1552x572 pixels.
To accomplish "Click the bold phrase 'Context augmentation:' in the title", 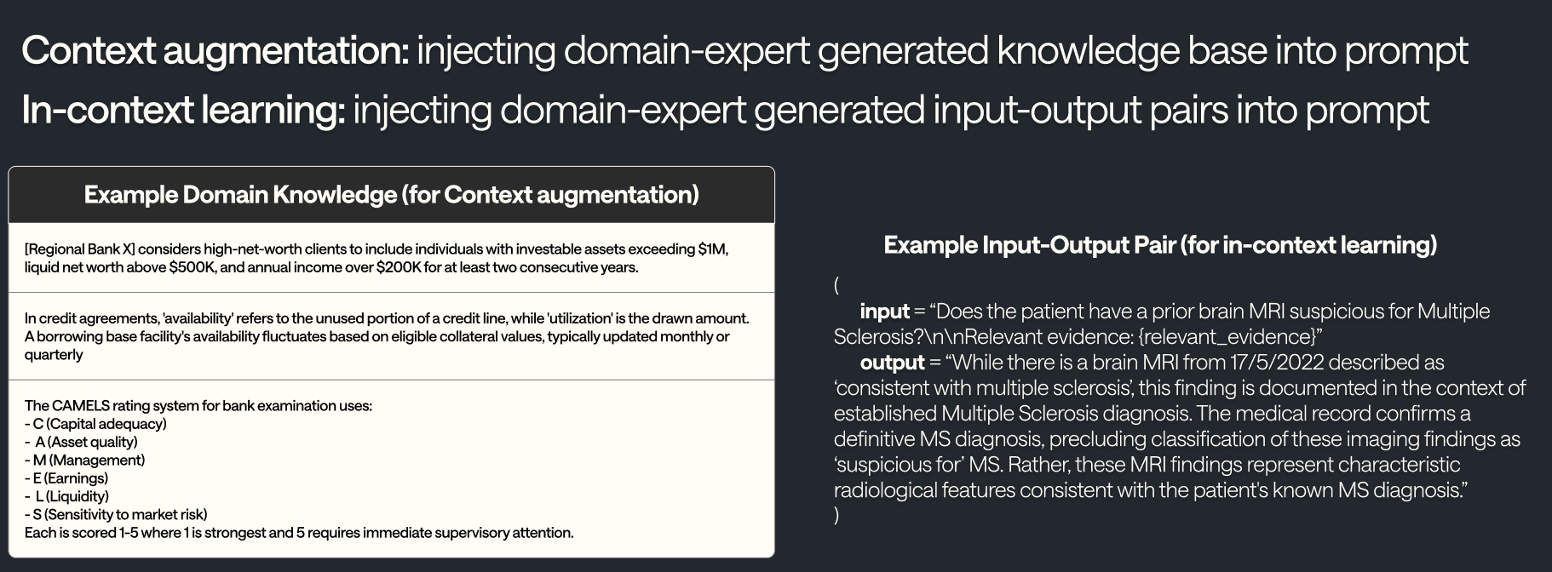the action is [x=216, y=51].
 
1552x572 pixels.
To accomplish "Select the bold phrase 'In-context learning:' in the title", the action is [x=183, y=111].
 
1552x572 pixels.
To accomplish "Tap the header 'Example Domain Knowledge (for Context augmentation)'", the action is [x=391, y=195].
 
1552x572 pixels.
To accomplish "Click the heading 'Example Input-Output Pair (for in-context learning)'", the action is [x=1160, y=245].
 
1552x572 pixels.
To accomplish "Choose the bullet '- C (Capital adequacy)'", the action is [x=95, y=424].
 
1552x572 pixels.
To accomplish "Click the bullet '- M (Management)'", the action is [x=84, y=460].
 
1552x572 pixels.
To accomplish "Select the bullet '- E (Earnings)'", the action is [x=66, y=478].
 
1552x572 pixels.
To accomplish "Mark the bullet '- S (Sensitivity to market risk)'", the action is [x=116, y=514].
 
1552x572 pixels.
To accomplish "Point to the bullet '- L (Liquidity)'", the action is [x=66, y=496].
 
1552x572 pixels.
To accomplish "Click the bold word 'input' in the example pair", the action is [x=884, y=312].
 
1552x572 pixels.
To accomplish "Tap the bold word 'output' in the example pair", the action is [x=892, y=363].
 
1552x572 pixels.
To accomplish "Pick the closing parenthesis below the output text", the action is [x=836, y=515].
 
